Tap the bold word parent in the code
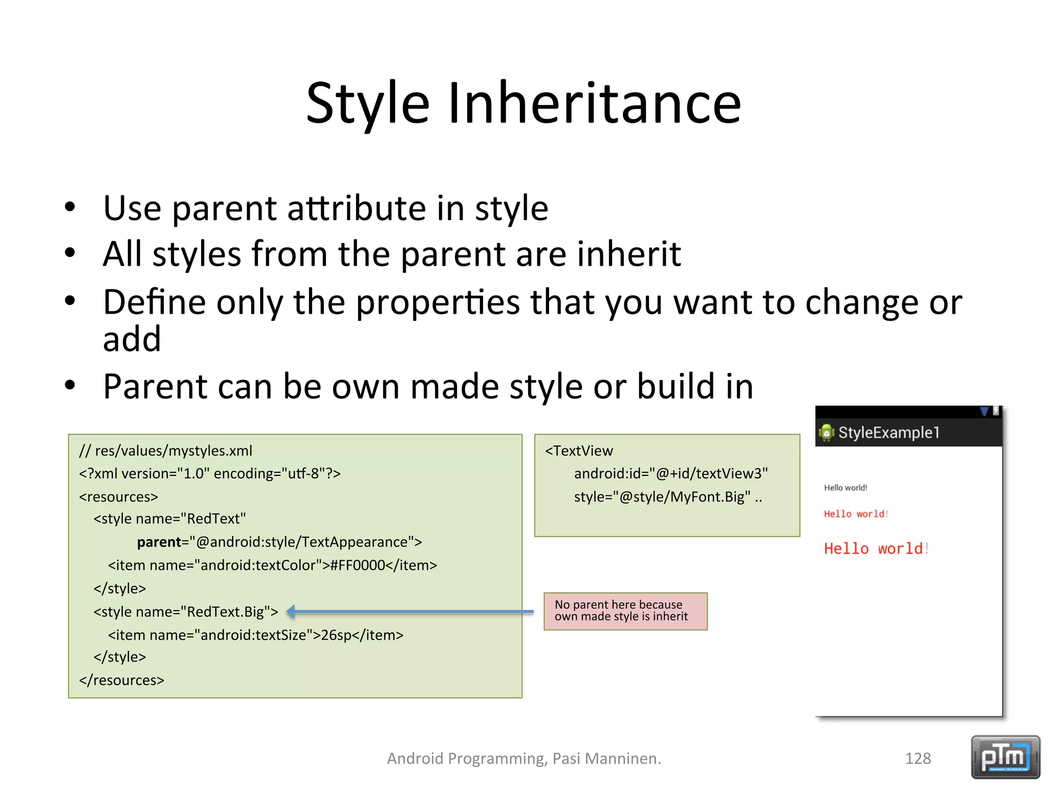pyautogui.click(x=159, y=542)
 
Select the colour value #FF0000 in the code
pyautogui.click(x=357, y=565)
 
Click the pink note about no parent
pyautogui.click(x=625, y=611)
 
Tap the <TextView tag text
pyautogui.click(x=579, y=451)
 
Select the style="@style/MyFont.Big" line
pyautogui.click(x=667, y=497)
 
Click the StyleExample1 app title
pyautogui.click(x=889, y=432)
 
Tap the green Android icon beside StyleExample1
pyautogui.click(x=826, y=433)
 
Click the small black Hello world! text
pyautogui.click(x=845, y=488)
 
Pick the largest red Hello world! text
pyautogui.click(x=876, y=549)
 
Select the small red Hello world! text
pyautogui.click(x=855, y=514)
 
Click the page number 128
pyautogui.click(x=918, y=758)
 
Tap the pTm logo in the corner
pyautogui.click(x=1005, y=757)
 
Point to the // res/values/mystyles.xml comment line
pyautogui.click(x=166, y=451)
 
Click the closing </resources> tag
pyautogui.click(x=122, y=680)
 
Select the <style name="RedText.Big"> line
pyautogui.click(x=186, y=612)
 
